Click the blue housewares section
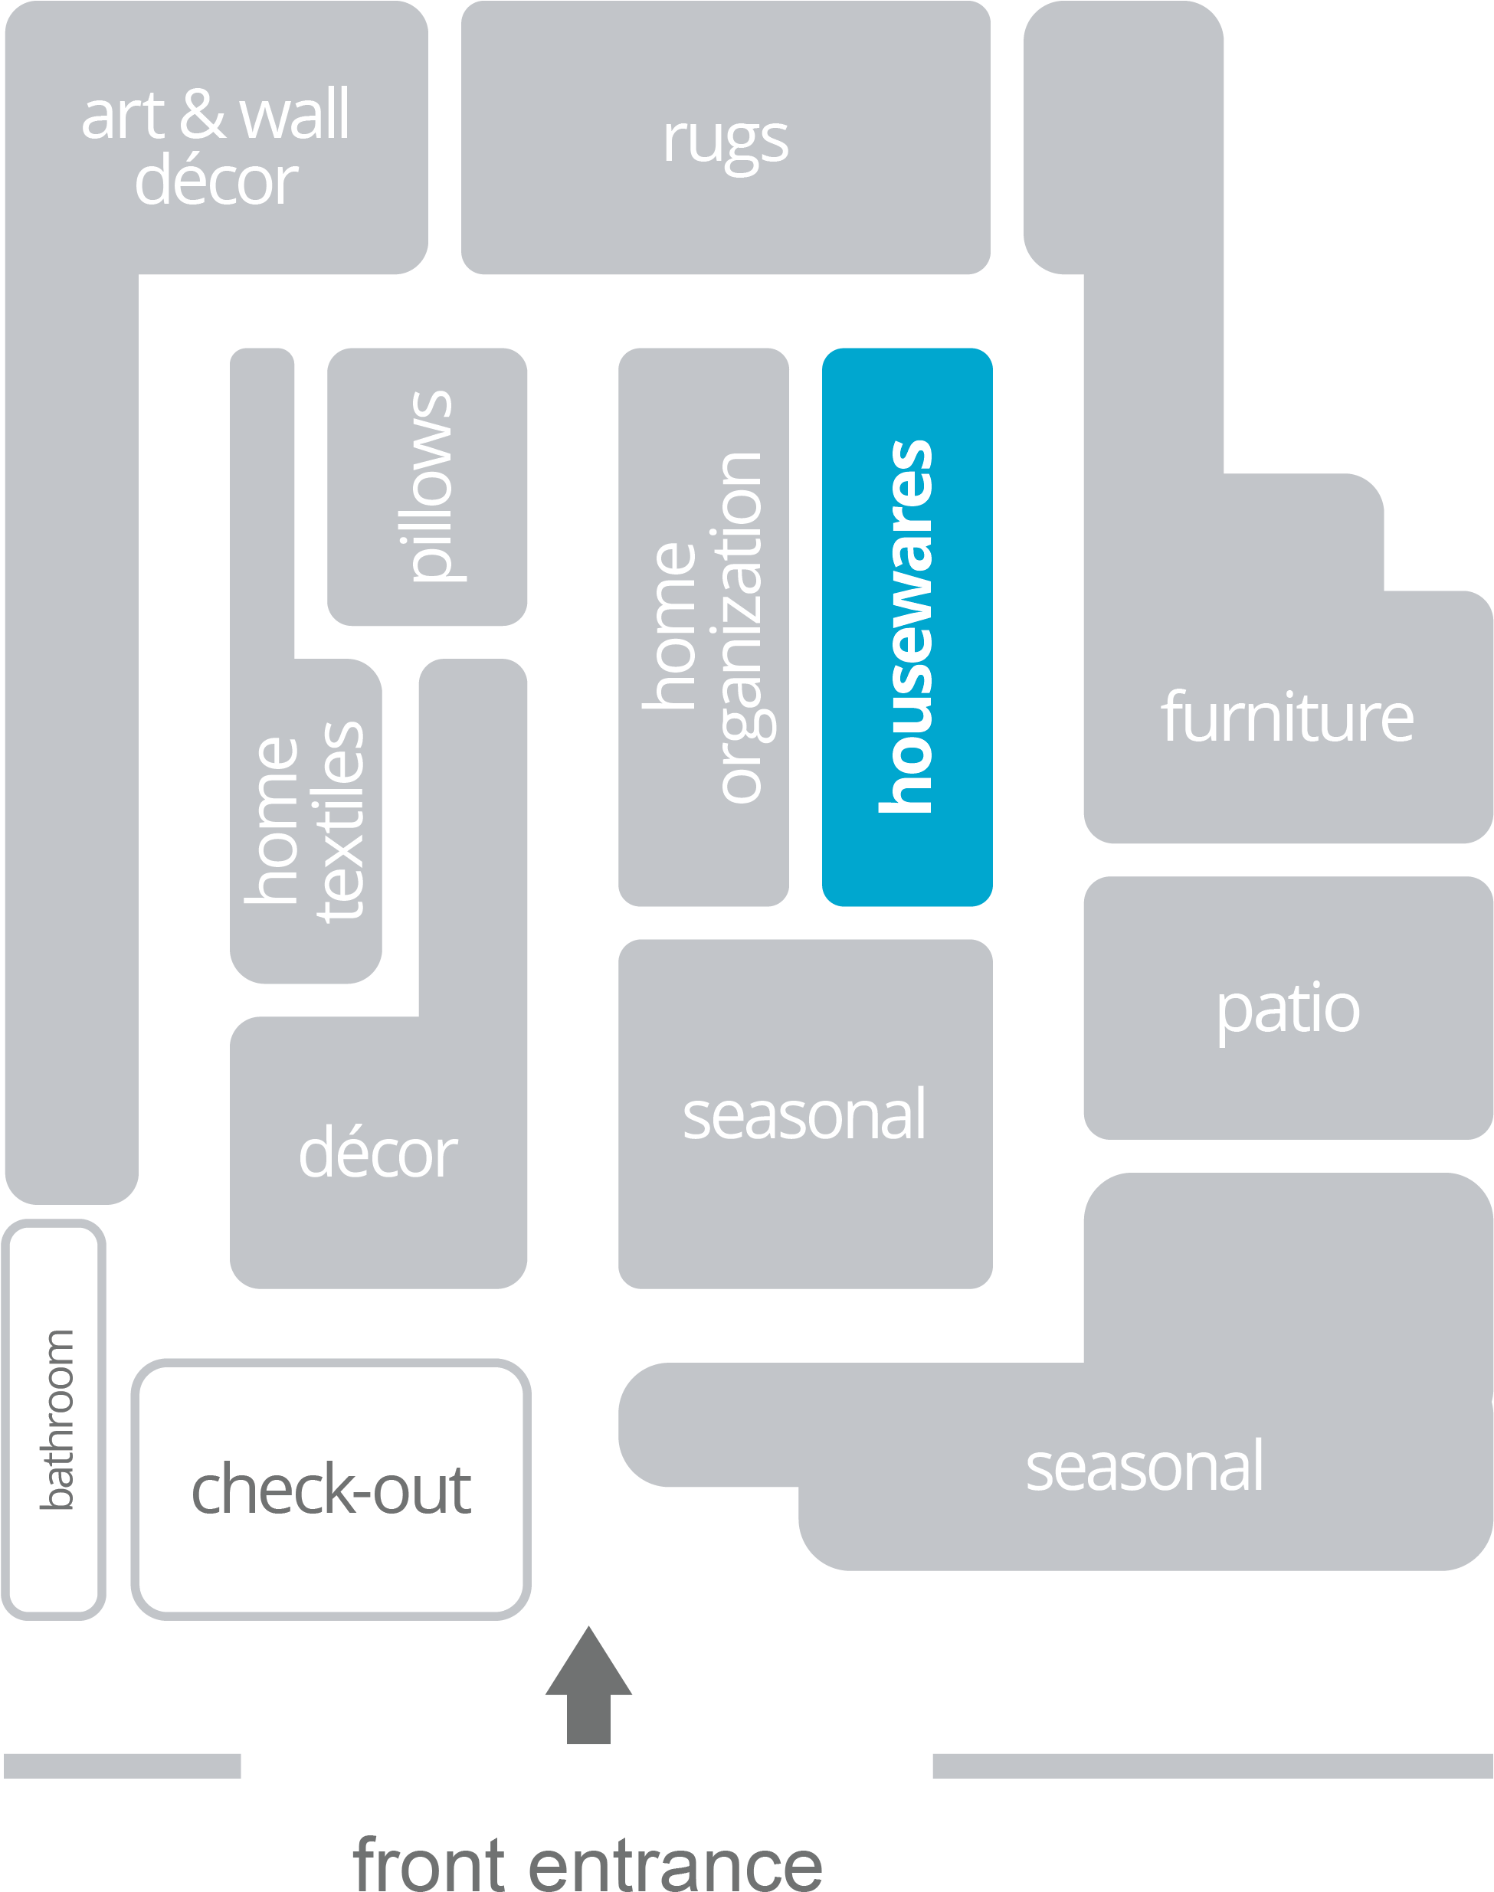pyautogui.click(x=907, y=626)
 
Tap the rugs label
pyautogui.click(x=725, y=140)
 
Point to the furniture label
pyautogui.click(x=1286, y=718)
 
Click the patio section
pyautogui.click(x=1288, y=1009)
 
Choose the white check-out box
pyautogui.click(x=331, y=1489)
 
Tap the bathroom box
pyautogui.click(x=54, y=1419)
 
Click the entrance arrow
pyautogui.click(x=588, y=1687)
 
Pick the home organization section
pyautogui.click(x=703, y=626)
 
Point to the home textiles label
pyautogui.click(x=304, y=822)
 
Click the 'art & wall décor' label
pyautogui.click(x=216, y=147)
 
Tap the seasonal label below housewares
pyautogui.click(x=804, y=1115)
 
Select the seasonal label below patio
pyautogui.click(x=1144, y=1467)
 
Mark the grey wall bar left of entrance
pyautogui.click(x=123, y=1765)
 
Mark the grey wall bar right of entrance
pyautogui.click(x=1212, y=1765)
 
